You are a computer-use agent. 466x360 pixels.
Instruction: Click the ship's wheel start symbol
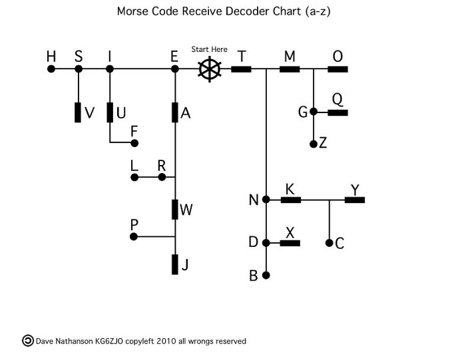209,69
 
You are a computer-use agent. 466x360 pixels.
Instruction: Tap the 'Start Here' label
209,49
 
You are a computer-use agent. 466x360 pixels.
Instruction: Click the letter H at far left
51,57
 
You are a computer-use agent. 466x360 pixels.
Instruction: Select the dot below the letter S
79,68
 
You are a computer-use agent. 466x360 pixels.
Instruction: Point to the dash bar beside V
79,112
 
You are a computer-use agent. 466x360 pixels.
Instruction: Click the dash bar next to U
110,112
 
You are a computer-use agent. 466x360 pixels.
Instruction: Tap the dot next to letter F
134,143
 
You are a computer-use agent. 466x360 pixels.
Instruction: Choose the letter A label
186,113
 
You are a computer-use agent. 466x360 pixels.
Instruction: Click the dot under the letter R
161,178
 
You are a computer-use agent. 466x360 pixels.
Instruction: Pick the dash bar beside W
175,210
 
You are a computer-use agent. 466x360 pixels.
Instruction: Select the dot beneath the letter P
134,236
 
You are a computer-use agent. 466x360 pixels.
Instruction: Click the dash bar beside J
175,264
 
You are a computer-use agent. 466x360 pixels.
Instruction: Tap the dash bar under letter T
241,68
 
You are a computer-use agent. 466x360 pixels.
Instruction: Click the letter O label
338,57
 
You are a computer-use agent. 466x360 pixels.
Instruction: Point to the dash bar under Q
338,112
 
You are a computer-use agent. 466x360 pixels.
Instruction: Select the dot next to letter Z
313,144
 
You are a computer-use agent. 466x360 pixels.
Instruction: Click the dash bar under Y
354,199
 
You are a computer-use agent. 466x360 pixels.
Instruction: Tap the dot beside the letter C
329,243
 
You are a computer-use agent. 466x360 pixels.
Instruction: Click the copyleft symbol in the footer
28,341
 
